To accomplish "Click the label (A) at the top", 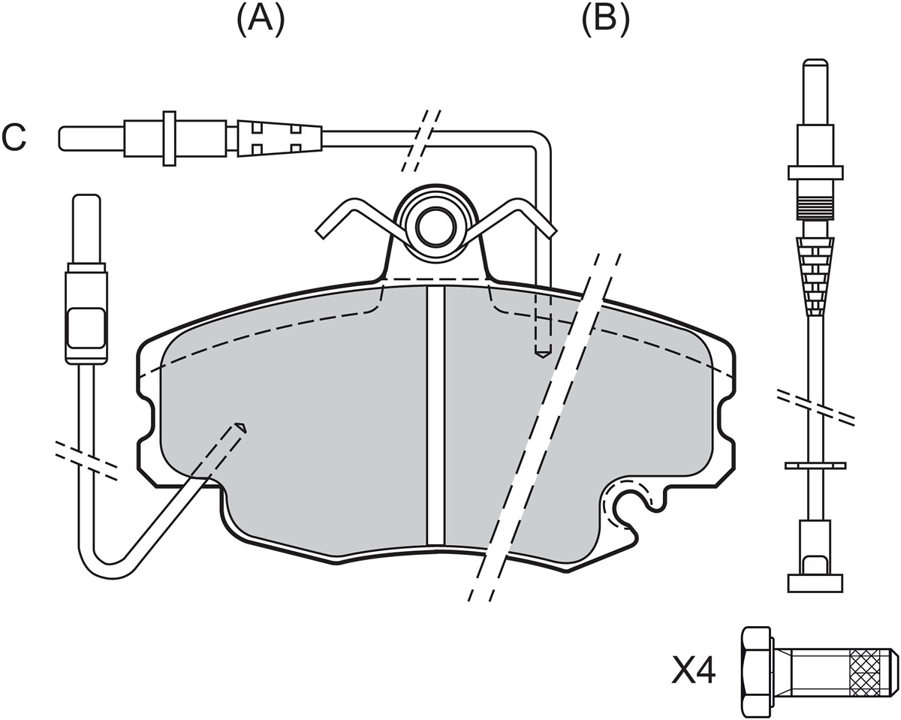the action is coord(261,20).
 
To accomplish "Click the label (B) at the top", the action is coord(605,20).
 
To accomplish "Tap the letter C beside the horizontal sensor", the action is coord(14,137).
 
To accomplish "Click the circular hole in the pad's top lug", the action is coord(435,231).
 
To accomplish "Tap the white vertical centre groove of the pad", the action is coord(435,415).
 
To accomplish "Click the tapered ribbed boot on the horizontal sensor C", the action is coord(279,139).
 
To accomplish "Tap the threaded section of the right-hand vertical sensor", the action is coord(815,208).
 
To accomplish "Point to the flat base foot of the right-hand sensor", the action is coord(815,583).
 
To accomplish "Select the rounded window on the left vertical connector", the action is coord(86,328).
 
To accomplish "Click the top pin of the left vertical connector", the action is coord(87,230).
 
